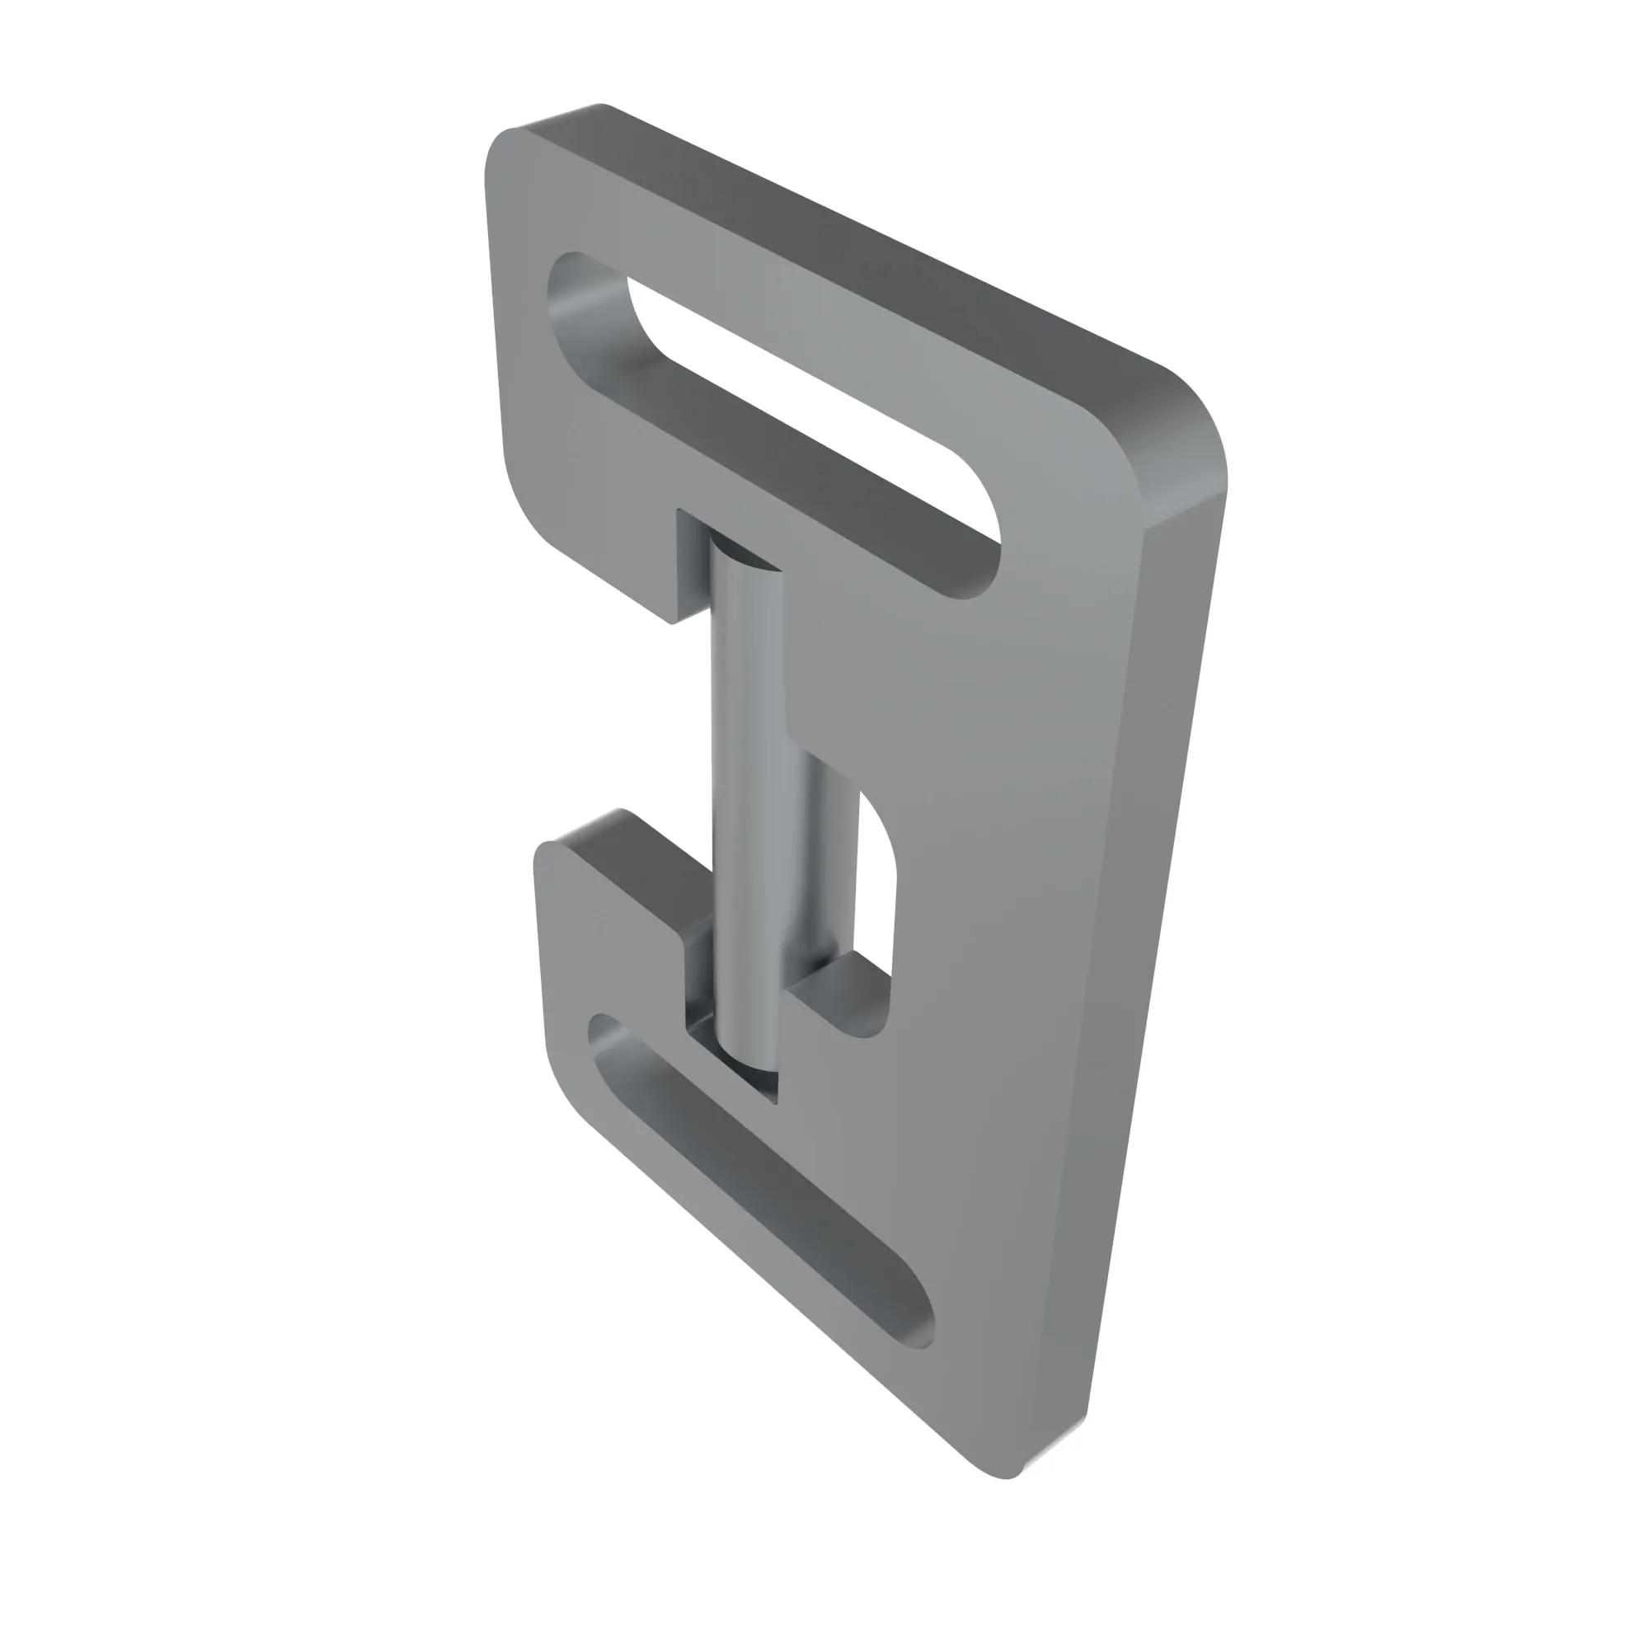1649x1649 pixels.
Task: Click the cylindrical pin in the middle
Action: tap(748, 794)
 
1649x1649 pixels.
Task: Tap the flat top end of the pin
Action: tap(745, 551)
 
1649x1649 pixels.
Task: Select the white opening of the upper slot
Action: tap(810, 402)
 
